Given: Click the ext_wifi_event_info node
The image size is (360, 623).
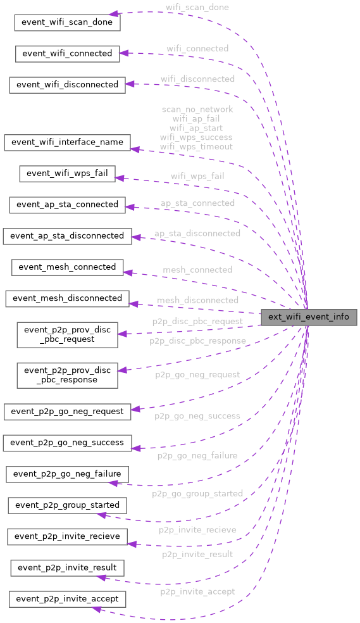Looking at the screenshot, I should [x=309, y=317].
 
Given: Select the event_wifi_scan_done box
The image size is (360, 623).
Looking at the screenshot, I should [x=67, y=22].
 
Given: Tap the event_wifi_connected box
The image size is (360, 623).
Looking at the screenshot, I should [x=67, y=53].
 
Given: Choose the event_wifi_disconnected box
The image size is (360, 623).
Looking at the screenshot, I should [x=67, y=84].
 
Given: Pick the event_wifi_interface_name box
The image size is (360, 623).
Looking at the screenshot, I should [x=67, y=142].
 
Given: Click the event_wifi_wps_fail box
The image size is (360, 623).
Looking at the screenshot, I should [x=67, y=173].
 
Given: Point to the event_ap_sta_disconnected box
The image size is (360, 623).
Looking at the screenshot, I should [x=67, y=236].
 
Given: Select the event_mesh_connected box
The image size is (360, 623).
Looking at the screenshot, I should [x=67, y=267].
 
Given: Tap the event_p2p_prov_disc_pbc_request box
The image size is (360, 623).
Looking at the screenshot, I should [x=67, y=334].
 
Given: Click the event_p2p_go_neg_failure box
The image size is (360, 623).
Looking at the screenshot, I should [x=67, y=474].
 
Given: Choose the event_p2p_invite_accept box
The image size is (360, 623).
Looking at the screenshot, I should [x=67, y=598].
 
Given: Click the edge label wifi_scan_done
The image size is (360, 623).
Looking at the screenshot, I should [x=197, y=8].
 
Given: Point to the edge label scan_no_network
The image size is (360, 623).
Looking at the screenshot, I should [x=197, y=110].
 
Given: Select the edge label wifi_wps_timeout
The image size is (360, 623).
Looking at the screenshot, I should [x=196, y=147].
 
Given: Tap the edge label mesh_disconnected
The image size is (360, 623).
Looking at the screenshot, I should [x=197, y=299].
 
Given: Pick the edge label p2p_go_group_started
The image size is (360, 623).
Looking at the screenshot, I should [x=197, y=493].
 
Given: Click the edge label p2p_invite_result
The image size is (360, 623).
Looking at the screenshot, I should [x=197, y=554].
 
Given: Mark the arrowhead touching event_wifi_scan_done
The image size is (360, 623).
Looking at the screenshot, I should [x=113, y=13].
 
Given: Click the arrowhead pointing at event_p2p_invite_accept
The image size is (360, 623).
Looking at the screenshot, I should [x=96, y=608].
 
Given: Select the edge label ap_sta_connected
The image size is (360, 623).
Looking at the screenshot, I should [x=197, y=203].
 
